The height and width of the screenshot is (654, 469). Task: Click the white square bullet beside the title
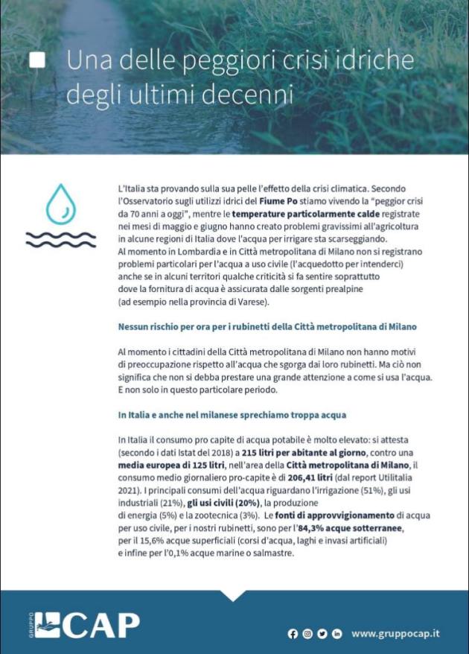click(36, 61)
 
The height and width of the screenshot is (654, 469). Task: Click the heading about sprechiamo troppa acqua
click(232, 414)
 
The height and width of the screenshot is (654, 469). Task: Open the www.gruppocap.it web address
click(395, 633)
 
